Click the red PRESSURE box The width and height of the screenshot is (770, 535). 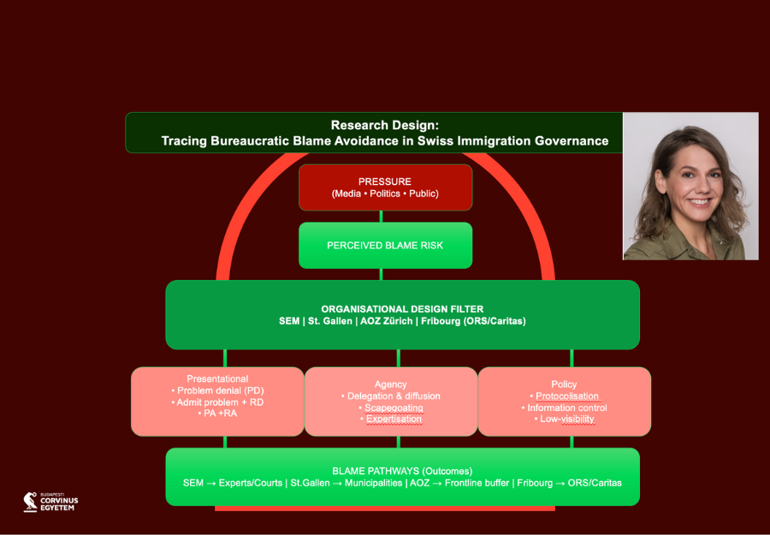click(x=385, y=187)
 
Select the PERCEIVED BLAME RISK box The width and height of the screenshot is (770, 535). click(x=385, y=245)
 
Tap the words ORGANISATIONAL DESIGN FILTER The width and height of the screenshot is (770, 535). click(x=402, y=308)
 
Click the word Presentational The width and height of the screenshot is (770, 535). click(x=217, y=378)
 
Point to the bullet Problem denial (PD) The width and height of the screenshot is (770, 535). click(x=217, y=390)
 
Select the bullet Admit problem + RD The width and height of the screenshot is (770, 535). click(x=217, y=401)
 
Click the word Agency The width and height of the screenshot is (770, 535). click(x=391, y=384)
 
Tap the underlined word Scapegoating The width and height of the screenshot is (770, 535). click(x=394, y=407)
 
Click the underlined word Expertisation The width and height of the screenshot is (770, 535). click(x=394, y=419)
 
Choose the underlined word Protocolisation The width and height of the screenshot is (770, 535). click(x=567, y=396)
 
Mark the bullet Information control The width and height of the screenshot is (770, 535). click(x=567, y=407)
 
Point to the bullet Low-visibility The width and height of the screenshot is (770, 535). click(x=567, y=419)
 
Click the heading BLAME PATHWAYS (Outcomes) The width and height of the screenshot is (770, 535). click(x=402, y=471)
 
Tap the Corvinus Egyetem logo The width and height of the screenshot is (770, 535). click(x=50, y=502)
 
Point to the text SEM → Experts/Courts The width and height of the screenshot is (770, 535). click(x=233, y=483)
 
